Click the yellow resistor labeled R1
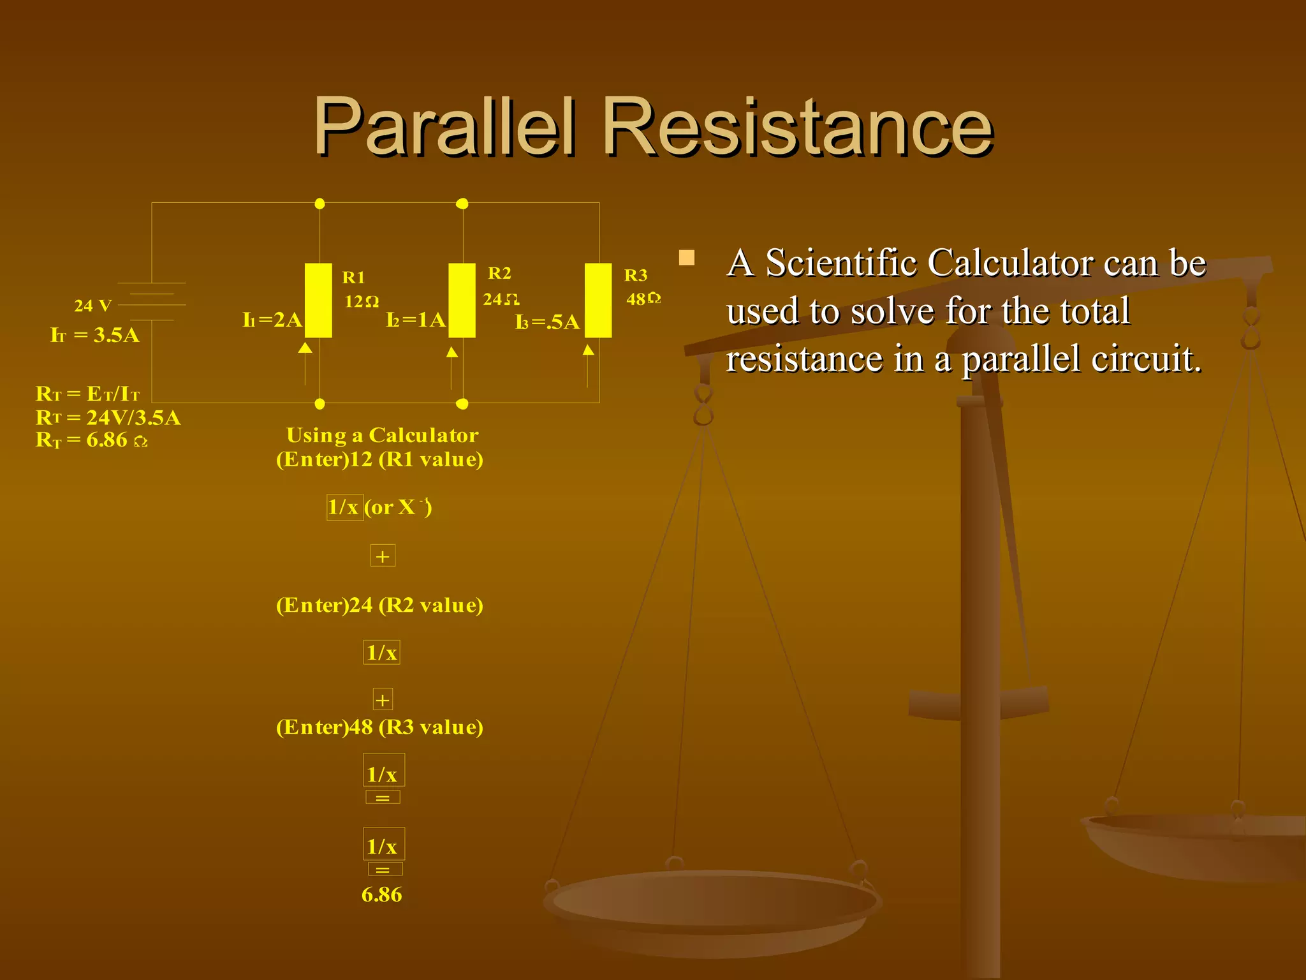tap(318, 300)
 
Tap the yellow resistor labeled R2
tap(462, 300)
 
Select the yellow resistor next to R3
tap(598, 300)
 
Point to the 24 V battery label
tap(93, 306)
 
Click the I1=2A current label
tap(272, 320)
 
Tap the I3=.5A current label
tap(547, 322)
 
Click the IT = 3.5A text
tap(95, 335)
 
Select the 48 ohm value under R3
tap(643, 299)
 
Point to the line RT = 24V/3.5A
tap(108, 417)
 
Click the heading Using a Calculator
tap(382, 435)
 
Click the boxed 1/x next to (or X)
tap(344, 507)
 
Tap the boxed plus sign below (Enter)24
tap(383, 700)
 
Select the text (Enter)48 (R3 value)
tap(379, 727)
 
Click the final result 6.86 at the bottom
tap(381, 895)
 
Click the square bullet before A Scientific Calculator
tap(687, 258)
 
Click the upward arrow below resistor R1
tap(305, 348)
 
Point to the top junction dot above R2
tap(462, 204)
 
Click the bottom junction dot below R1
tap(320, 404)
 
